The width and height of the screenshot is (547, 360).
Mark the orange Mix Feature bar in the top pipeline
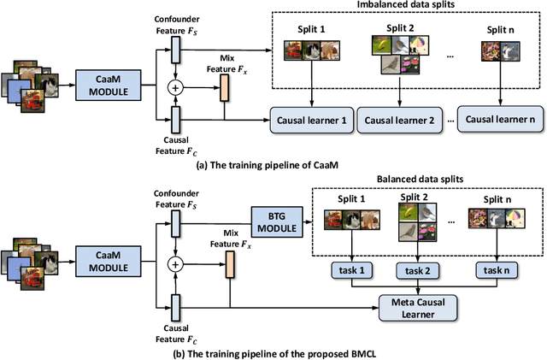[x=226, y=86]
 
